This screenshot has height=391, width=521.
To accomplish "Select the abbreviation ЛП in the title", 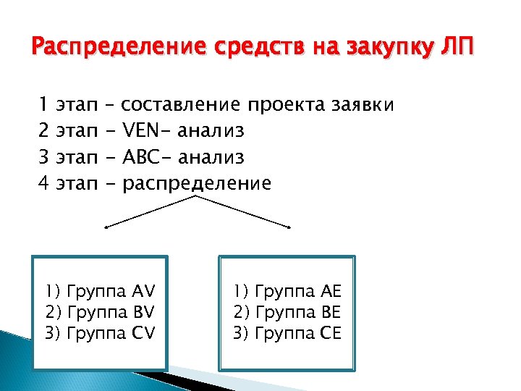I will point(456,49).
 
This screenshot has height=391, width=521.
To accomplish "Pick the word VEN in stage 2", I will point(145,131).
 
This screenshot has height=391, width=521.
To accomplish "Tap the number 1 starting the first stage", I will point(42,105).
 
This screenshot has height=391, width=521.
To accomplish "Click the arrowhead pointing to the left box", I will point(106,227).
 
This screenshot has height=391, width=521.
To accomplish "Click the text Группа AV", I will point(110,292).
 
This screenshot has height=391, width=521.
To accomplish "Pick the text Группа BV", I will point(110,313).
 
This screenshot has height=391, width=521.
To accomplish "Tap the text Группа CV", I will point(110,333).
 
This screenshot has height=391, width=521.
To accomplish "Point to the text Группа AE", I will point(296,292).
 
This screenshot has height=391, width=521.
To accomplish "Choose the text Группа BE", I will point(296,313).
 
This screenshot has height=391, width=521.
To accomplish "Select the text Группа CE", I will point(296,333).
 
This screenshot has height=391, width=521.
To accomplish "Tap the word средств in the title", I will point(239,49).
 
